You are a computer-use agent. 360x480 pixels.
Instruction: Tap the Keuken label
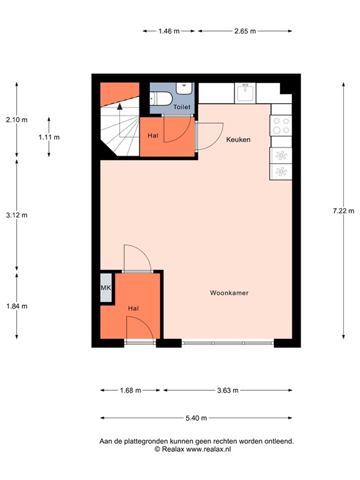tap(238, 139)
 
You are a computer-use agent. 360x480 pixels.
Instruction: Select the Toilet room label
tap(182, 107)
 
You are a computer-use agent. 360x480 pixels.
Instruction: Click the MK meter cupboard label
tap(106, 289)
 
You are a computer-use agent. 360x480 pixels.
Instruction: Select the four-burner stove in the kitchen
tap(281, 126)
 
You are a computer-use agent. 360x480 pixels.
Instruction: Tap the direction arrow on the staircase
tap(120, 107)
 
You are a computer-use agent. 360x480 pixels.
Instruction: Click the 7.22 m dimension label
tap(343, 211)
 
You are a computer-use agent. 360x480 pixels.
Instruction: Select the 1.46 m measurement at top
tap(169, 31)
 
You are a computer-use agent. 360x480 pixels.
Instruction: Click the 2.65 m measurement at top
tap(244, 31)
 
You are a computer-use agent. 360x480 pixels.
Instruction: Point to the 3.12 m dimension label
tap(17, 215)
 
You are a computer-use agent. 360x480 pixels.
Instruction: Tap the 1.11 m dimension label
tap(49, 137)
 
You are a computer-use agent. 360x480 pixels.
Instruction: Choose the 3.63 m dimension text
tap(227, 391)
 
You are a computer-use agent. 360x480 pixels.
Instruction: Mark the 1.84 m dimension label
tap(17, 306)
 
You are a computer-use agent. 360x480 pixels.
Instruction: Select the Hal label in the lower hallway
tap(133, 309)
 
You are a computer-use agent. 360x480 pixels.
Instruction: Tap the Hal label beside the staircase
tap(152, 136)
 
